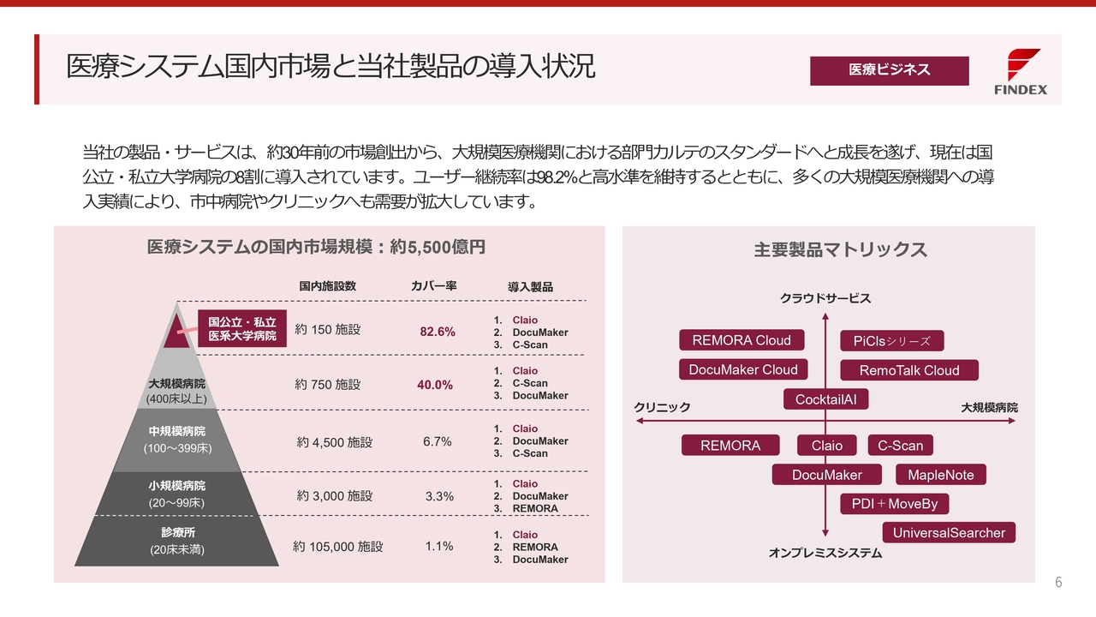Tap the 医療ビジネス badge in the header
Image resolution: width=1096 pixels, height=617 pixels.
pyautogui.click(x=889, y=70)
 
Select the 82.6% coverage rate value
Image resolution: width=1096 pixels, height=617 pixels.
pyautogui.click(x=438, y=332)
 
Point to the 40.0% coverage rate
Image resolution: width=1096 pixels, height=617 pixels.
pyautogui.click(x=435, y=385)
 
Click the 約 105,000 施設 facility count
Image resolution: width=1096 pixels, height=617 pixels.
pyautogui.click(x=337, y=547)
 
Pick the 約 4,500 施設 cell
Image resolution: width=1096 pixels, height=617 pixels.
pyautogui.click(x=335, y=442)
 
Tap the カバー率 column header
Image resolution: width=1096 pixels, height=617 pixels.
pyautogui.click(x=433, y=285)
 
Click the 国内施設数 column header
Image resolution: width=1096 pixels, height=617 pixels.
pyautogui.click(x=327, y=285)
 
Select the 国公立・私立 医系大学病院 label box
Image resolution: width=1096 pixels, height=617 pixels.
pyautogui.click(x=242, y=329)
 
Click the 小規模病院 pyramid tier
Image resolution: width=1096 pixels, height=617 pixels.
pyautogui.click(x=176, y=494)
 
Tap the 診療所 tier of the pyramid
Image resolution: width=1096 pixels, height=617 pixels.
pyautogui.click(x=176, y=541)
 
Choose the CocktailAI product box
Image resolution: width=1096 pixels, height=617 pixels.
pyautogui.click(x=825, y=399)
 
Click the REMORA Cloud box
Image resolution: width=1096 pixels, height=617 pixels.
pyautogui.click(x=742, y=340)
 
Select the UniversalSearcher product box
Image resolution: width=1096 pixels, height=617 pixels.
pyautogui.click(x=949, y=533)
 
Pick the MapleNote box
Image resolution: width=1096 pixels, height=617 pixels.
pyautogui.click(x=940, y=475)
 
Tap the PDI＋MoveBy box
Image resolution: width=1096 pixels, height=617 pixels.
pyautogui.click(x=894, y=504)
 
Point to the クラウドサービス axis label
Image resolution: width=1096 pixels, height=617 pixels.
pyautogui.click(x=825, y=298)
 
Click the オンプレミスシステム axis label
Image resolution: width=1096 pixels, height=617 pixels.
pyautogui.click(x=825, y=554)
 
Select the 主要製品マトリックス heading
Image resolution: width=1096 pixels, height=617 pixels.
pyautogui.click(x=840, y=249)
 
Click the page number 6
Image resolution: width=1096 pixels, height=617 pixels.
pyautogui.click(x=1058, y=583)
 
